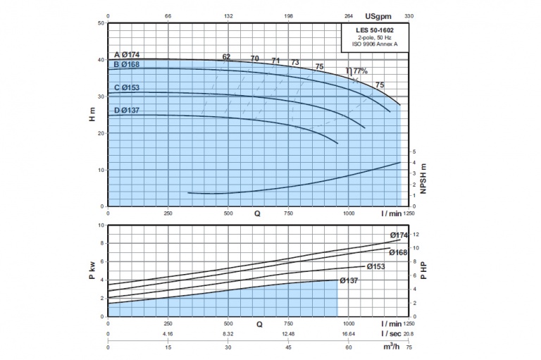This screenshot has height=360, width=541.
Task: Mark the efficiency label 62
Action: click(226, 56)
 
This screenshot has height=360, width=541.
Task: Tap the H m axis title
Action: click(92, 115)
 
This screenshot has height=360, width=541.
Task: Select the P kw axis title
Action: click(92, 271)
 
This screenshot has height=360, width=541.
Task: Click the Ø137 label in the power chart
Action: click(350, 280)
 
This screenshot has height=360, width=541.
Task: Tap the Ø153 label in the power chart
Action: click(378, 266)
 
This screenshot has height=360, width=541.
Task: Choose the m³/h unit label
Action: click(390, 347)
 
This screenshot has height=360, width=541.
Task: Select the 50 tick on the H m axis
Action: click(101, 23)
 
